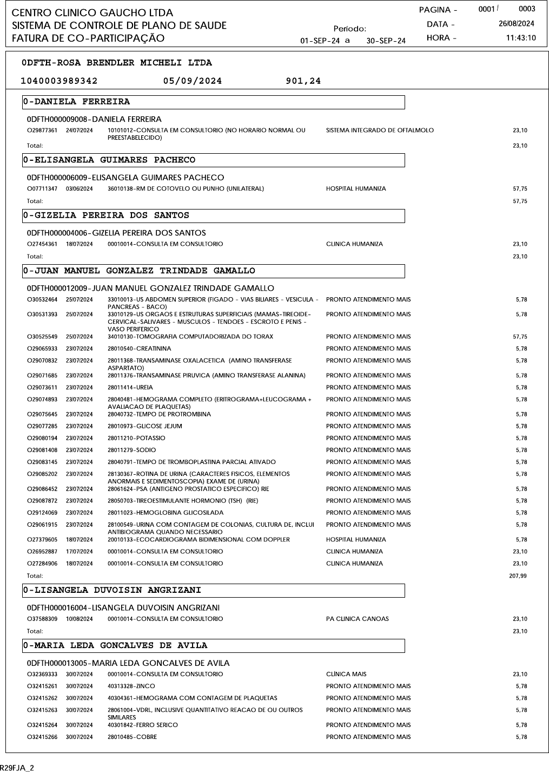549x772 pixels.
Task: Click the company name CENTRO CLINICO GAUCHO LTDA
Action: (92, 12)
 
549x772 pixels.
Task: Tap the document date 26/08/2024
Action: (516, 24)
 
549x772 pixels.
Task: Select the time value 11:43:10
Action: (520, 38)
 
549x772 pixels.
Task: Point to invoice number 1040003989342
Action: (59, 81)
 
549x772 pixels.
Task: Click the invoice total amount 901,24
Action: (303, 81)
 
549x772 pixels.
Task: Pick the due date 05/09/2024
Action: (192, 81)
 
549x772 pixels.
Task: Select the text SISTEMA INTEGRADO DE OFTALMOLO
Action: (380, 130)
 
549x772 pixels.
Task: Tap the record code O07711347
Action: (42, 189)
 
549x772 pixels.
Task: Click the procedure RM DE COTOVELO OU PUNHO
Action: (186, 189)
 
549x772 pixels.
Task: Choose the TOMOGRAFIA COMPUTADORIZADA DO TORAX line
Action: (190, 337)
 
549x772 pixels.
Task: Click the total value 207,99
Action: (518, 576)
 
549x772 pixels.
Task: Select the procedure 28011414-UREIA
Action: (130, 388)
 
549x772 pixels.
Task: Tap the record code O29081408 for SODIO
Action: (42, 450)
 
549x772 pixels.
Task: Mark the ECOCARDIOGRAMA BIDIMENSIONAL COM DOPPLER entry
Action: (199, 540)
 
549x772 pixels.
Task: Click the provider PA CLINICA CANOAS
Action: (357, 619)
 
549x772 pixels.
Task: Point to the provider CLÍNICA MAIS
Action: (346, 675)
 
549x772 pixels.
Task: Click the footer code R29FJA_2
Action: (17, 768)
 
